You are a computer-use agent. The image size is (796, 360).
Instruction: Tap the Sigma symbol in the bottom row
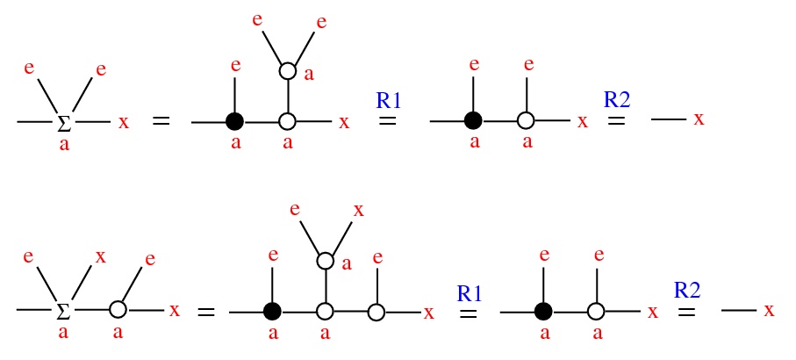(x=63, y=311)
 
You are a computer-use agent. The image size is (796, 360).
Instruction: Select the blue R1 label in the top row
(x=389, y=101)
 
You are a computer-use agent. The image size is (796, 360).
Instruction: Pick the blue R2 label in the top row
(x=618, y=100)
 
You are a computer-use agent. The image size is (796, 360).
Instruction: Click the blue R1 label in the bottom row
(x=469, y=293)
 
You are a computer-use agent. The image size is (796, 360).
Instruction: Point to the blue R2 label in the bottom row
(x=688, y=291)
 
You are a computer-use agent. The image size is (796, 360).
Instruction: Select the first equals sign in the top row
(x=161, y=122)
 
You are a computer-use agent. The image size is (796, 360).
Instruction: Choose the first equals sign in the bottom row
(x=206, y=311)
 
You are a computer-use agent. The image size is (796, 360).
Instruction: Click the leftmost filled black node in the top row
(x=235, y=122)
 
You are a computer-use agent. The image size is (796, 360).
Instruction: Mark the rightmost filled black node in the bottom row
(x=544, y=311)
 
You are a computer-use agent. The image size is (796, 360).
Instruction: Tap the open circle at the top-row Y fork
(x=287, y=72)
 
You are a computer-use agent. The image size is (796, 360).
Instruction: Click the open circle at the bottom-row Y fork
(x=325, y=261)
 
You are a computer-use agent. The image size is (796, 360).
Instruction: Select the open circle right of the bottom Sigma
(x=118, y=309)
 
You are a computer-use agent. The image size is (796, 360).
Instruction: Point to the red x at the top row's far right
(x=699, y=119)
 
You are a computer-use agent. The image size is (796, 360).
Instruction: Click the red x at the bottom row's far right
(x=770, y=311)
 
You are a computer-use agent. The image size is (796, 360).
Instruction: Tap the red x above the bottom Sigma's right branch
(x=101, y=257)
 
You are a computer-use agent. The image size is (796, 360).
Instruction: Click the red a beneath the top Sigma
(x=64, y=146)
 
